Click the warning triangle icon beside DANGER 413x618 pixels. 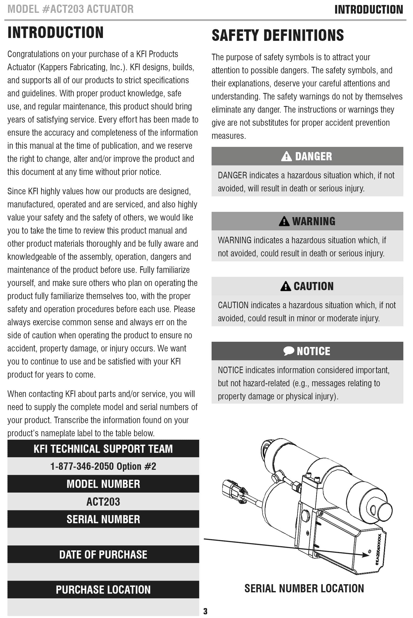(x=286, y=156)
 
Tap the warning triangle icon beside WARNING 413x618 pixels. (x=284, y=221)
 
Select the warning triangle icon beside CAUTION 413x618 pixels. (x=285, y=286)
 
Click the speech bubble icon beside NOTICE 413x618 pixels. (x=289, y=351)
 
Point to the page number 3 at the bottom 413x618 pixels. (x=205, y=611)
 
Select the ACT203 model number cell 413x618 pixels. (x=103, y=502)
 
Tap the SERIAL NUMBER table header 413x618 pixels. (x=103, y=519)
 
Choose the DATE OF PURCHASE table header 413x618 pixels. (x=103, y=555)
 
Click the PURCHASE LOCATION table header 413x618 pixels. (x=103, y=590)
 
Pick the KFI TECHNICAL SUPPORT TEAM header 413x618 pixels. (x=103, y=449)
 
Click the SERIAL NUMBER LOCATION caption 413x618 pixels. (x=304, y=588)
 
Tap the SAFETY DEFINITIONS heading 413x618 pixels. (x=278, y=35)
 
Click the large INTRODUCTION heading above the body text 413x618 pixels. (x=55, y=32)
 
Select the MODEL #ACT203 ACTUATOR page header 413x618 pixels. (x=70, y=9)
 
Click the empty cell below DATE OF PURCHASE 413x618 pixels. (x=103, y=572)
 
